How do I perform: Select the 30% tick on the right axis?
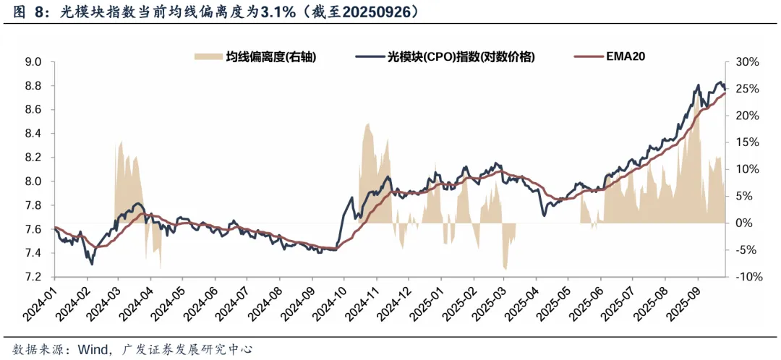(x=746, y=62)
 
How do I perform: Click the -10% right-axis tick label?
(x=745, y=277)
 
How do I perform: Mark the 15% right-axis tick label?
(x=746, y=142)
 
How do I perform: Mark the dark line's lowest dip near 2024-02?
(x=91, y=265)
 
